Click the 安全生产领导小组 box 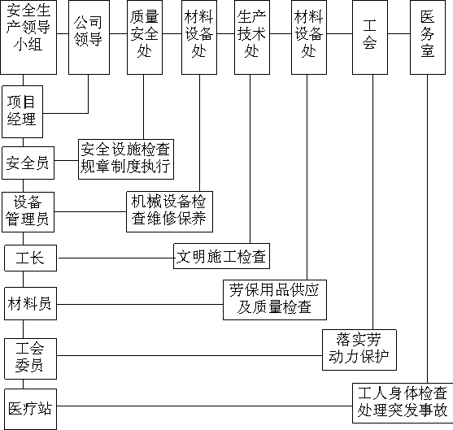pos(28,37)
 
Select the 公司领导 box pos(89,37)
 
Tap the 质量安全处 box pos(145,37)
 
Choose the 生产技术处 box pos(252,37)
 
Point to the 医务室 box pos(428,37)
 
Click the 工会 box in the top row pos(370,37)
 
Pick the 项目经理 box pos(23,111)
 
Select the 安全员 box pos(28,163)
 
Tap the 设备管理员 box pos(28,212)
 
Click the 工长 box pos(31,258)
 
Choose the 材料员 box pos(31,303)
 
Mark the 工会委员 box pos(31,359)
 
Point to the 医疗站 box pos(31,409)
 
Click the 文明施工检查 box pos(221,256)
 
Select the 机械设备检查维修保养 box pos(170,211)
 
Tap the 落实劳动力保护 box pos(359,350)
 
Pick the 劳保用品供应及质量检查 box pos(275,300)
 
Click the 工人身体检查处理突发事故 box pos(403,403)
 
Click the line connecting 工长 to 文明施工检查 pos(115,258)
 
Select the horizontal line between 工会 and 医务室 pos(399,34)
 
